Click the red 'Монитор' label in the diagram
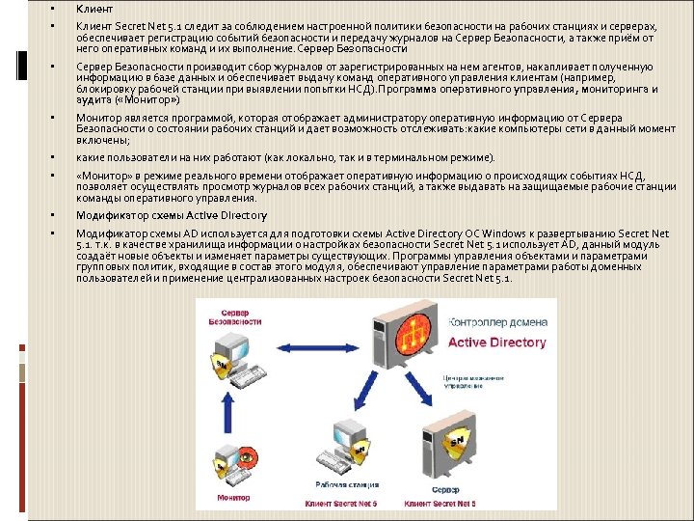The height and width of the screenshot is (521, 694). coord(233,497)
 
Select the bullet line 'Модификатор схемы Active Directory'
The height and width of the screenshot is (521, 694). coord(159,215)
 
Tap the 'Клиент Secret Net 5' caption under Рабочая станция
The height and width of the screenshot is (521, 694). coord(341,503)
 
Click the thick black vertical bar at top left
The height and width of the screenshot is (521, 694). coord(22,65)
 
